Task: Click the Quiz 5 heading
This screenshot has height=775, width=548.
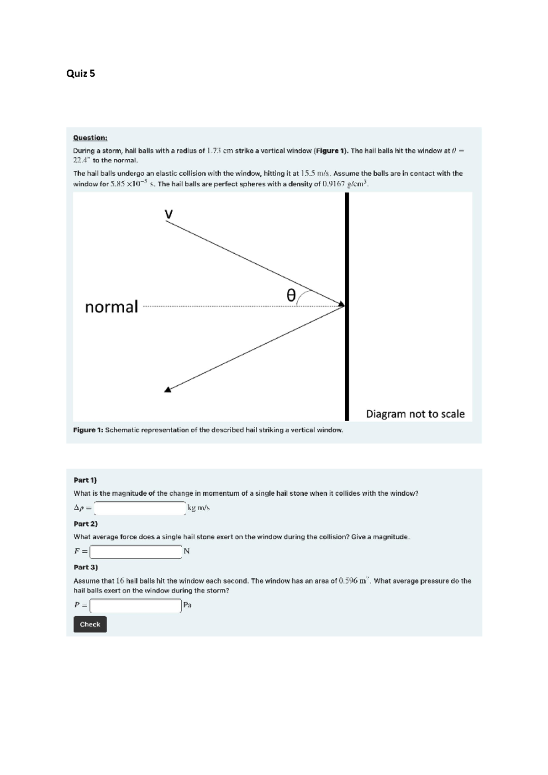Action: pyautogui.click(x=81, y=73)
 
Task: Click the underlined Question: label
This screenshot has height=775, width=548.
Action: pyautogui.click(x=90, y=137)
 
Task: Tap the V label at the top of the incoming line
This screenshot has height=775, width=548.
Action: pyautogui.click(x=169, y=214)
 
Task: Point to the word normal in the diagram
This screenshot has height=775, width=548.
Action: pyautogui.click(x=111, y=307)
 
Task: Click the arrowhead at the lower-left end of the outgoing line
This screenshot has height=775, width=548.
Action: pyautogui.click(x=168, y=389)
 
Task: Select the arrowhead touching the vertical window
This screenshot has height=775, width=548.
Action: pyautogui.click(x=341, y=304)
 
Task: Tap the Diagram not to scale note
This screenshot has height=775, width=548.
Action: pyautogui.click(x=415, y=414)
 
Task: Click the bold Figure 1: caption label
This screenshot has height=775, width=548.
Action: pyautogui.click(x=89, y=430)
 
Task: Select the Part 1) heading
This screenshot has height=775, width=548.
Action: pyautogui.click(x=85, y=480)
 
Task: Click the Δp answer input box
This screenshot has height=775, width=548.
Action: pyautogui.click(x=140, y=508)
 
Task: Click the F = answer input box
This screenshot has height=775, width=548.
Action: pyautogui.click(x=136, y=552)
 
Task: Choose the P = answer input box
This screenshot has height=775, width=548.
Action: pyautogui.click(x=136, y=606)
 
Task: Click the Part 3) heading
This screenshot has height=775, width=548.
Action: pyautogui.click(x=86, y=567)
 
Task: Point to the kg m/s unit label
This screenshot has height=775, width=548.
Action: pyautogui.click(x=199, y=508)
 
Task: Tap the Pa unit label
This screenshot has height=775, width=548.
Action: pyautogui.click(x=187, y=605)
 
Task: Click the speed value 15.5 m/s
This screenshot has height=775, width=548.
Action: pyautogui.click(x=315, y=173)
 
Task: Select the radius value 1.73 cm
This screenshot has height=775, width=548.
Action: pyautogui.click(x=220, y=151)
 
